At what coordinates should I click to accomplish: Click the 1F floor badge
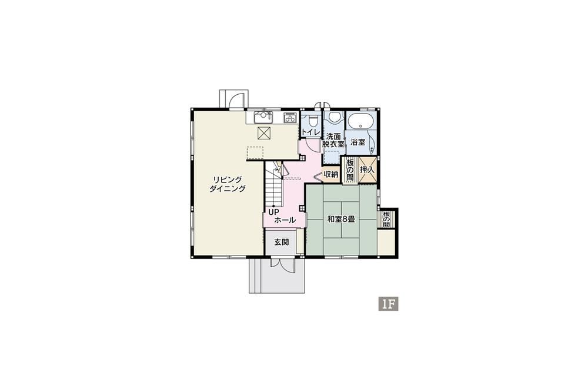tap(387, 304)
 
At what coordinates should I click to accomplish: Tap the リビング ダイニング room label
tap(227, 184)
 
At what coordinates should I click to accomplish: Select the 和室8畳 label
tap(341, 219)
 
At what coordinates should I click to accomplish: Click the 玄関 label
tap(281, 242)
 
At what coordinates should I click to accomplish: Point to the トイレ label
tap(310, 132)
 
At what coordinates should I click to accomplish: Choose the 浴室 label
tap(358, 142)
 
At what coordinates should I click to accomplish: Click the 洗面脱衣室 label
tap(333, 139)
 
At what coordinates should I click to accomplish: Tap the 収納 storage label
tap(331, 174)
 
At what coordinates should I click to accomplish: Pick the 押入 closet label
tap(367, 170)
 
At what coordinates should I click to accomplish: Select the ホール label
tap(285, 220)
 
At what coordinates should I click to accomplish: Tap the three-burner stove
tap(290, 118)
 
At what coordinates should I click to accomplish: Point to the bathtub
tap(360, 121)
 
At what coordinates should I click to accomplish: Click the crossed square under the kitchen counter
tap(263, 133)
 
